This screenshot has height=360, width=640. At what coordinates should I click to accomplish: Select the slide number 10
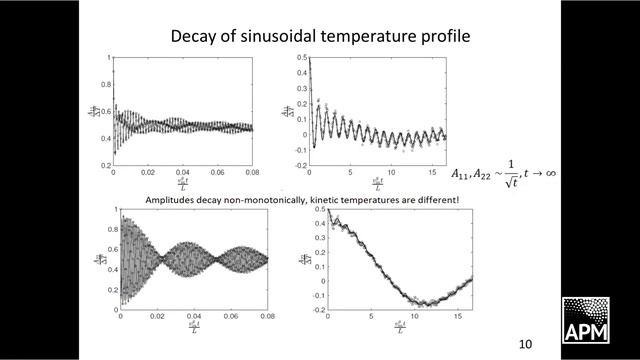pyautogui.click(x=526, y=344)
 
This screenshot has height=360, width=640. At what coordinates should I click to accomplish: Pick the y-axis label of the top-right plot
pyautogui.click(x=289, y=110)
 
